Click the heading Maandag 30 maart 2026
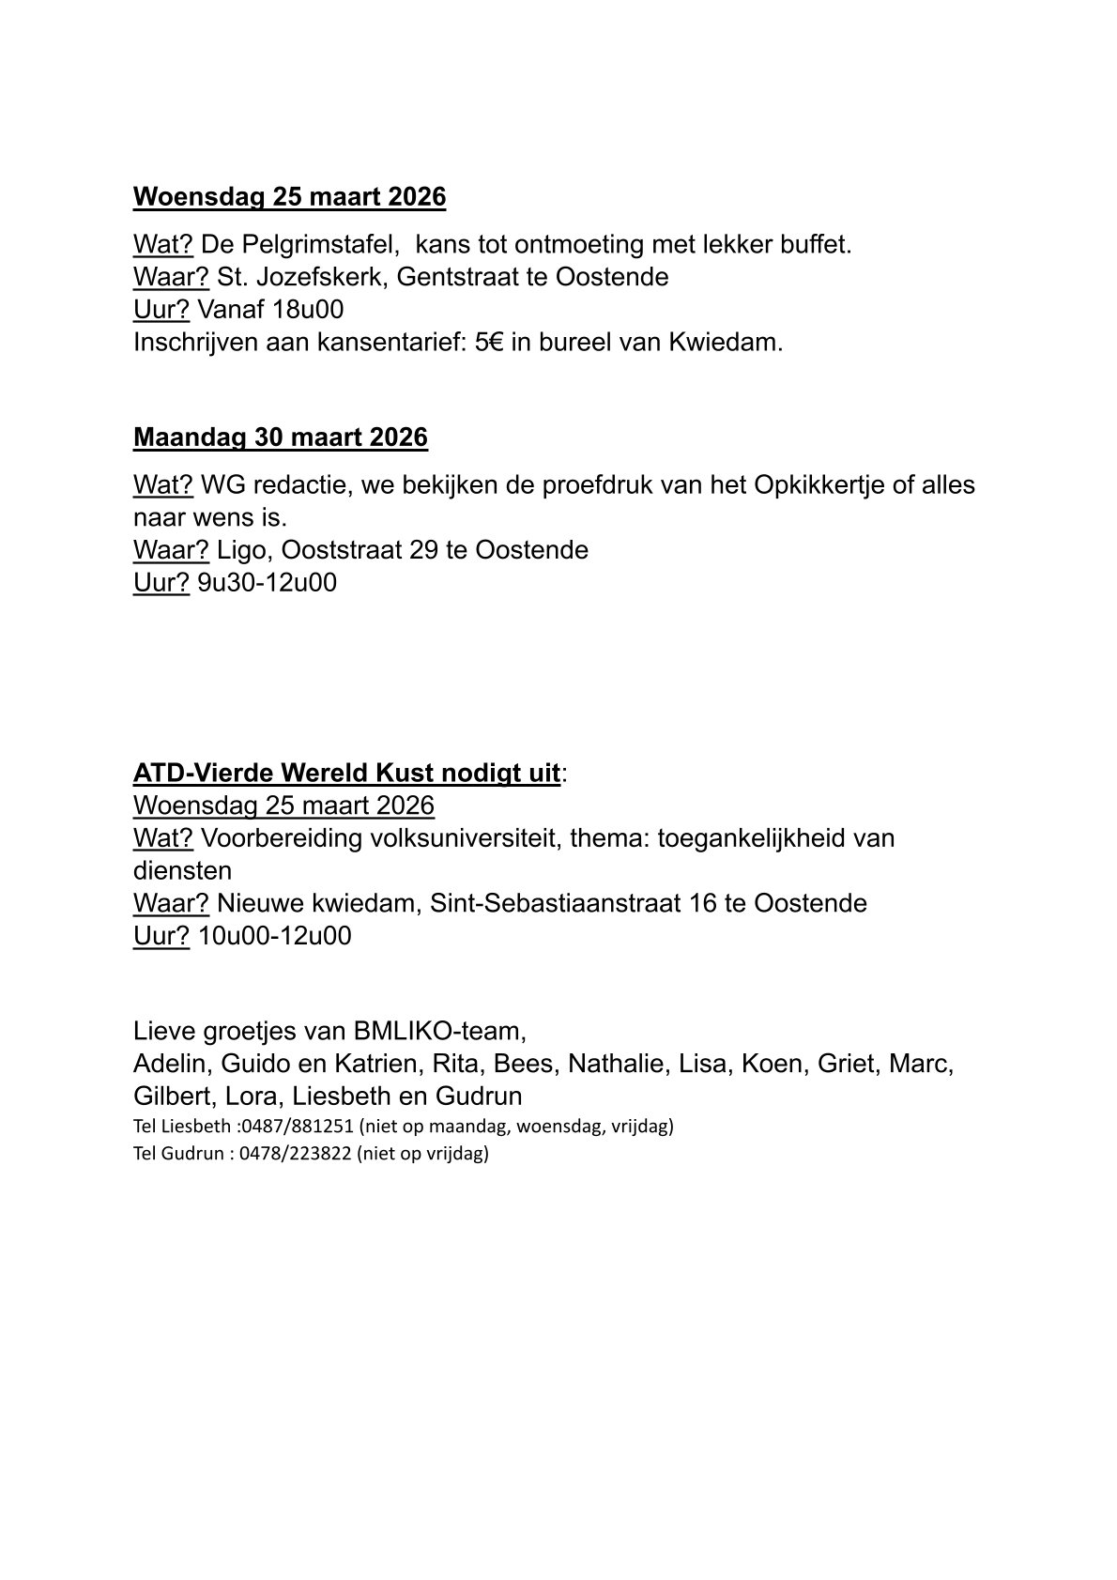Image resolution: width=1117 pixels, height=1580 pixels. coord(280,437)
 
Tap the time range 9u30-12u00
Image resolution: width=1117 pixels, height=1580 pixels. coord(267,583)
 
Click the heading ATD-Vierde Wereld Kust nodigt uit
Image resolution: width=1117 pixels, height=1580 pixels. coord(346,774)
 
